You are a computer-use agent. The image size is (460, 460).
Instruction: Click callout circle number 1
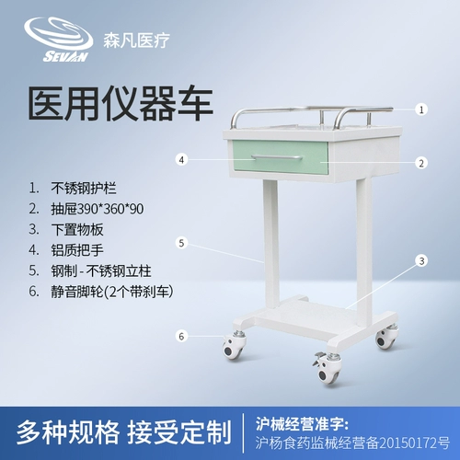click(x=421, y=109)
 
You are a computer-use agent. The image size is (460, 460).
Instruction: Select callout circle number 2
click(x=421, y=164)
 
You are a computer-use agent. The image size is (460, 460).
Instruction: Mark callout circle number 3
click(x=421, y=261)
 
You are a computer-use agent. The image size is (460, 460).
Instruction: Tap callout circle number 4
click(x=182, y=159)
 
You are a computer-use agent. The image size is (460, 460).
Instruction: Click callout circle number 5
click(x=182, y=244)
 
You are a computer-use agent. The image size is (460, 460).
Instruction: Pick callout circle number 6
click(x=182, y=336)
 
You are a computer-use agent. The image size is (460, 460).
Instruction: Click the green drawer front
click(x=280, y=151)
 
